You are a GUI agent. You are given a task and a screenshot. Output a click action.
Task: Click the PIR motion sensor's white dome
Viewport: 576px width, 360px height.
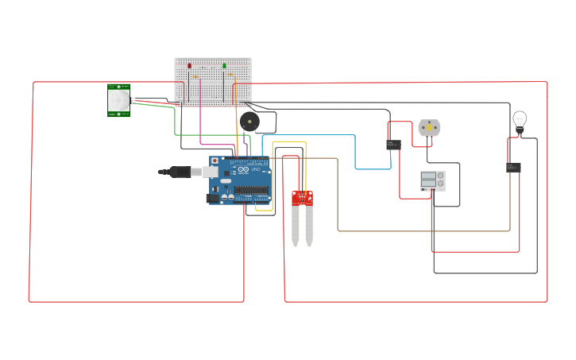pos(119,100)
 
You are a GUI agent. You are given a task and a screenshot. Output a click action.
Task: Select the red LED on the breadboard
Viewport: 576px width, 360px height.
pos(189,66)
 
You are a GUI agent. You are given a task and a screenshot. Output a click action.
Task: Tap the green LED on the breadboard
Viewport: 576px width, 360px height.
pos(224,66)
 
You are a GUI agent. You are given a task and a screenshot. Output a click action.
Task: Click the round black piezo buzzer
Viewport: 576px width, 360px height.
pos(249,122)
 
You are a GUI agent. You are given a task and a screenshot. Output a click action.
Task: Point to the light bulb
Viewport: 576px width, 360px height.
pos(520,120)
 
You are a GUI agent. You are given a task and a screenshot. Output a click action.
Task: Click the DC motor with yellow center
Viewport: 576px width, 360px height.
pos(429,127)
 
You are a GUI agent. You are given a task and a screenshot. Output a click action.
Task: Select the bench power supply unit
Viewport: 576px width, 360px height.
pos(432,180)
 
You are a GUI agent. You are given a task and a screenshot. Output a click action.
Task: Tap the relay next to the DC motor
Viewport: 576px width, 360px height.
pos(393,145)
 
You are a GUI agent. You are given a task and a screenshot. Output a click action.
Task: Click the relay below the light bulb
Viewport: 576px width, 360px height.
pos(513,168)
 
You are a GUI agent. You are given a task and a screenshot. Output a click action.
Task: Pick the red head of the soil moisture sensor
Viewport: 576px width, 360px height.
pos(302,198)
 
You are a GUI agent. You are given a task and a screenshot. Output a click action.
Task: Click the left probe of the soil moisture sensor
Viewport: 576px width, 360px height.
pos(296,226)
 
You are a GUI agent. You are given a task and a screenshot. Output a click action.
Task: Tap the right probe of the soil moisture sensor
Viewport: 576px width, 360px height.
pos(309,226)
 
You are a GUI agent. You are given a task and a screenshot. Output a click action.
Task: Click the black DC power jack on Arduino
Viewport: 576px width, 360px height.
pos(213,198)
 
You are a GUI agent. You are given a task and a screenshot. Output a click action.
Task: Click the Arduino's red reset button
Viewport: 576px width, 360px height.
pos(215,160)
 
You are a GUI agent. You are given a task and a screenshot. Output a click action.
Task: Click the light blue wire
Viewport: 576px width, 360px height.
pos(354,151)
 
